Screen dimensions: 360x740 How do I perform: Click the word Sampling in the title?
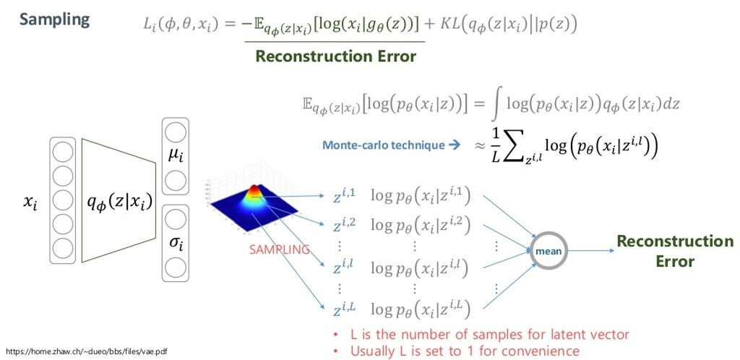point(55,19)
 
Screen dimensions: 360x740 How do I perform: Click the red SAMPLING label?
point(279,249)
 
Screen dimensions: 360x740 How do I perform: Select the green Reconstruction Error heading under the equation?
point(335,56)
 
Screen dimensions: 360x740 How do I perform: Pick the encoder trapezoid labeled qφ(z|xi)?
point(119,204)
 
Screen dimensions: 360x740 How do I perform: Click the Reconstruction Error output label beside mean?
point(674,251)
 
